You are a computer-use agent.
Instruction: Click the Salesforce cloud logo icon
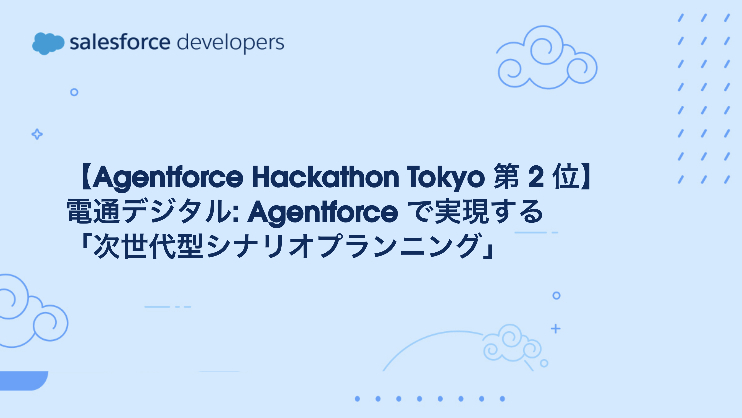click(x=48, y=43)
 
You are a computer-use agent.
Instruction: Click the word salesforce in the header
click(x=120, y=42)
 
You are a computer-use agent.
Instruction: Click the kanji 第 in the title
click(x=507, y=177)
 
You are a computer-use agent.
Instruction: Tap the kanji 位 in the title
click(x=566, y=177)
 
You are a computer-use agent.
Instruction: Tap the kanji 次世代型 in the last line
click(x=149, y=246)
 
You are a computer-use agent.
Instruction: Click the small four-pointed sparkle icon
click(x=37, y=134)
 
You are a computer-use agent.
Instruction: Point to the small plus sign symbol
click(x=556, y=329)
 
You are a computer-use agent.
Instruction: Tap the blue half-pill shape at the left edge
click(x=23, y=380)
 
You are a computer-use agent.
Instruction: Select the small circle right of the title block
click(x=556, y=296)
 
